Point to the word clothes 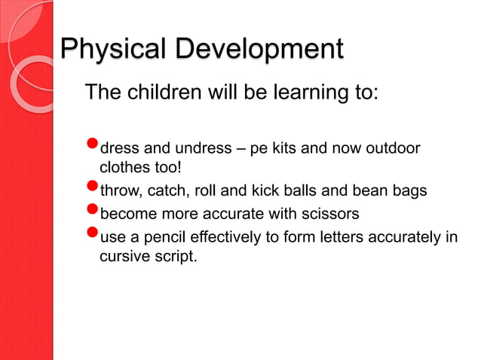tap(125, 167)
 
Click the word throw tap(120, 191)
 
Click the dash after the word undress tap(239, 148)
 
